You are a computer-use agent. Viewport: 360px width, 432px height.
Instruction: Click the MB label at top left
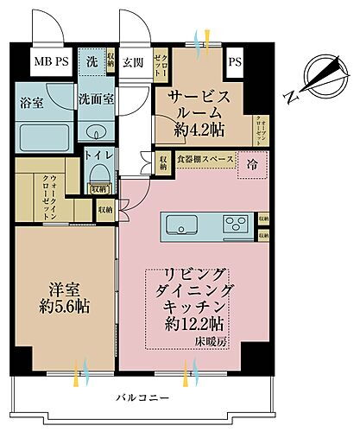41,61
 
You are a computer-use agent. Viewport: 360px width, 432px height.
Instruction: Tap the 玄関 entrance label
133,62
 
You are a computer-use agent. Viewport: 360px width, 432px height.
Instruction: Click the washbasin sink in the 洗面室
96,131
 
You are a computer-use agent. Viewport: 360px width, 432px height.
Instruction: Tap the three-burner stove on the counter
235,226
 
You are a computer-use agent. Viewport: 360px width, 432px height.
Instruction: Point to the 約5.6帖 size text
66,307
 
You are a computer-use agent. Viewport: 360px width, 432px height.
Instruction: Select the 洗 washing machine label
90,62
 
